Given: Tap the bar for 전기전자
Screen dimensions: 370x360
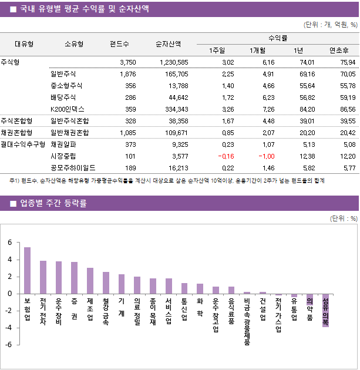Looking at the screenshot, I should pos(43,277).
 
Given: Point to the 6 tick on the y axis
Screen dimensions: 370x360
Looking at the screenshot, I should pos(10,243).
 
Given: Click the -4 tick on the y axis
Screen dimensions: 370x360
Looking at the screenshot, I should pos(8,328).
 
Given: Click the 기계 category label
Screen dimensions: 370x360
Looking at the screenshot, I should pos(121,307).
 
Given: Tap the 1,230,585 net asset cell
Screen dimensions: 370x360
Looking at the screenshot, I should pos(174,62).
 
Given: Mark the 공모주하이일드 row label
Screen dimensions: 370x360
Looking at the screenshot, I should pos(73,167).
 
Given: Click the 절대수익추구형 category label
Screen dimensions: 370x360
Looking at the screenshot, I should pos(23,144).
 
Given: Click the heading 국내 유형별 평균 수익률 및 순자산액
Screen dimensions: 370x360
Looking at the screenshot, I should pos(84,9).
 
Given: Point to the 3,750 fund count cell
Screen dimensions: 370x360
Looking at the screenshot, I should pos(127,62).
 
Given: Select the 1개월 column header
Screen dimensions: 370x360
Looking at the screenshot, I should pos(258,50).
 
